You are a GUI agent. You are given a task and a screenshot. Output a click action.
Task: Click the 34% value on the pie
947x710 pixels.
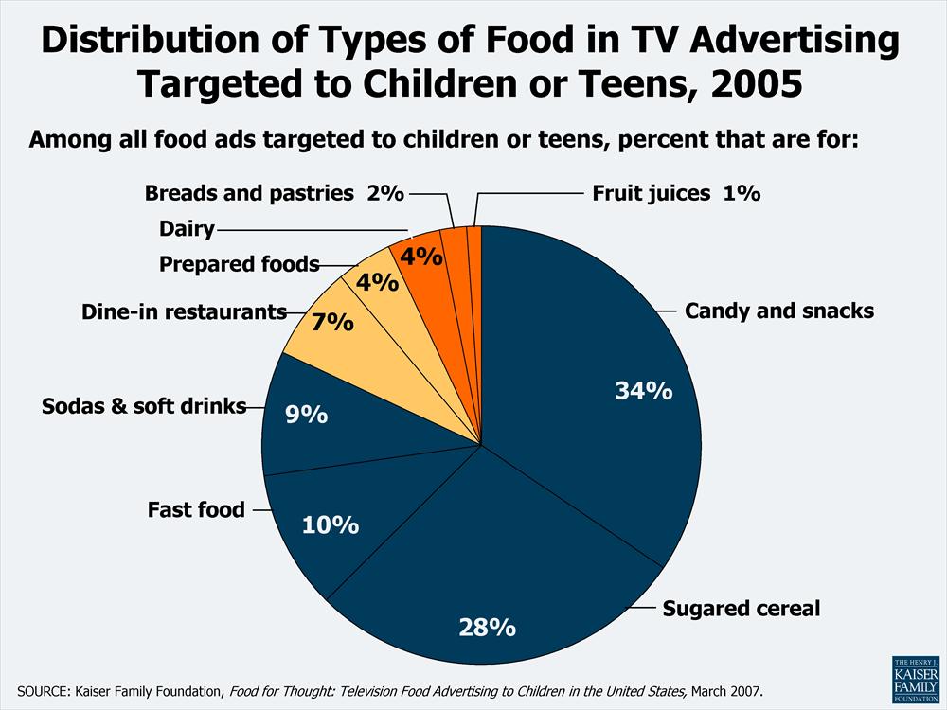pyautogui.click(x=644, y=390)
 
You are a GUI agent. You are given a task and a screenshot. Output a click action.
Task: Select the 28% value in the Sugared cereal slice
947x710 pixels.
pyautogui.click(x=488, y=626)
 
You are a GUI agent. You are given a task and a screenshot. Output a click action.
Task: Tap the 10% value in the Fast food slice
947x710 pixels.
pyautogui.click(x=331, y=524)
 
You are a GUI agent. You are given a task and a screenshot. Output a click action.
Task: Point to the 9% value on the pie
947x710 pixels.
pyautogui.click(x=307, y=414)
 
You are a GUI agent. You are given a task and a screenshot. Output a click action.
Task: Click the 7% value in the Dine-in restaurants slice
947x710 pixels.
pyautogui.click(x=332, y=322)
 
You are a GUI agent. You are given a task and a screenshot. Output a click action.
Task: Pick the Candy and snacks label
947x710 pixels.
pyautogui.click(x=779, y=311)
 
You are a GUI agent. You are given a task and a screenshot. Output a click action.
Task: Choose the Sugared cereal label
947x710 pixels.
pyautogui.click(x=741, y=608)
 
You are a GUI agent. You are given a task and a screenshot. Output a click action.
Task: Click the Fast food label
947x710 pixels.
pyautogui.click(x=196, y=509)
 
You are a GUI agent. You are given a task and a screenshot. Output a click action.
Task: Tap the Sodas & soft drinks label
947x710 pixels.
pyautogui.click(x=144, y=406)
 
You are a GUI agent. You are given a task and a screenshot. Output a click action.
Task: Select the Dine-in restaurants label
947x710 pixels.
pyautogui.click(x=184, y=311)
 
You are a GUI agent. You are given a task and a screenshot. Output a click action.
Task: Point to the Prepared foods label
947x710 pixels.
pyautogui.click(x=239, y=264)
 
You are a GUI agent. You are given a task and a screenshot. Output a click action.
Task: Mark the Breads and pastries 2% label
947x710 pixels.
pyautogui.click(x=274, y=193)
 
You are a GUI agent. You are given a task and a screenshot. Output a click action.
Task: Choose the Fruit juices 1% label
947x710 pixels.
pyautogui.click(x=676, y=193)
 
